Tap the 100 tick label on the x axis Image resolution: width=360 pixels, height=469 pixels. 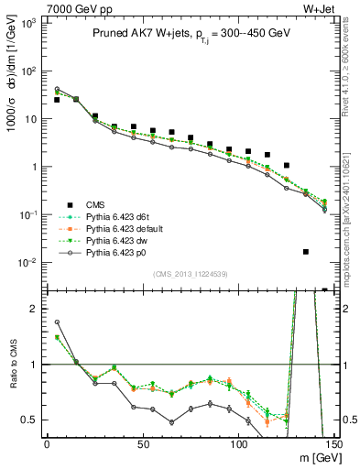pos(238,442)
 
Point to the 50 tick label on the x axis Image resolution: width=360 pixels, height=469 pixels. pos(142,442)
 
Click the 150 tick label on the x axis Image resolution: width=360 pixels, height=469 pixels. pos(333,442)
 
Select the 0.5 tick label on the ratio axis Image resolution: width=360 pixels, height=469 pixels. pos(28,420)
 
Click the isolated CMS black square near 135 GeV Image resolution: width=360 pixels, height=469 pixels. pos(306,252)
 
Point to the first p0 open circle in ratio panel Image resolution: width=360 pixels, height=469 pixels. pos(57,322)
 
